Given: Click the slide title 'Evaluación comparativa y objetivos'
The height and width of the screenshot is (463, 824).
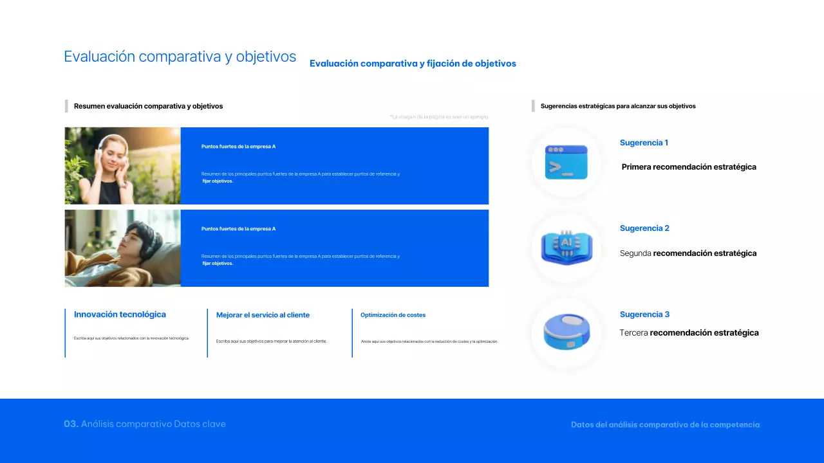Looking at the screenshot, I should point(180,57).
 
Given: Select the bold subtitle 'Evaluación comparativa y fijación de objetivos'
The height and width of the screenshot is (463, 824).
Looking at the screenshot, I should point(413,64).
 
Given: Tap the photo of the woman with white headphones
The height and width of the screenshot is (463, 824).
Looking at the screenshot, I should point(122,165).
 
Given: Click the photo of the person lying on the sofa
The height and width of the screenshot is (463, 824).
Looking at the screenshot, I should point(122,248).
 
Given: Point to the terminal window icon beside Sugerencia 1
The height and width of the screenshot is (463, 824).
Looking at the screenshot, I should point(566,162).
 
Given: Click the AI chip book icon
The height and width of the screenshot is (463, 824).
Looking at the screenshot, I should point(566,248).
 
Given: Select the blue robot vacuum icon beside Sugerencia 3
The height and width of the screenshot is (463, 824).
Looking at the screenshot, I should point(566,332).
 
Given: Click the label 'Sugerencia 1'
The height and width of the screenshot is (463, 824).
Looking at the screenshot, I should point(644,143).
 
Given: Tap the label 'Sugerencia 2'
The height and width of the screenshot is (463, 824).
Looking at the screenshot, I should point(644,228).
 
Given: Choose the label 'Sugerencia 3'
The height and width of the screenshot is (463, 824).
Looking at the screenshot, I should point(644,314).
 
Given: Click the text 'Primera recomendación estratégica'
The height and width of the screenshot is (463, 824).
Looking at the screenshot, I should point(689,167).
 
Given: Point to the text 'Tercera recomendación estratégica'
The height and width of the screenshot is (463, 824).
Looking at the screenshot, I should point(689,333).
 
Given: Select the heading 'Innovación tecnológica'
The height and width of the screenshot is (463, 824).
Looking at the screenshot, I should point(120,314).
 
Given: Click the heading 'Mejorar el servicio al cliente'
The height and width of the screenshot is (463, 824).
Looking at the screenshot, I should point(263,315).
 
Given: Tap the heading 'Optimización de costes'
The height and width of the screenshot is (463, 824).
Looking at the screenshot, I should point(393,315).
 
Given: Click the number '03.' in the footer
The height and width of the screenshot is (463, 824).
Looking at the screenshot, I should point(71,424).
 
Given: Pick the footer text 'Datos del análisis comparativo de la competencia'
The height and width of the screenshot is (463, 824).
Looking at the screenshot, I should point(665,425).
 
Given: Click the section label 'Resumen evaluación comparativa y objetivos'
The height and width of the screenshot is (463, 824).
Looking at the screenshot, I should point(148,106).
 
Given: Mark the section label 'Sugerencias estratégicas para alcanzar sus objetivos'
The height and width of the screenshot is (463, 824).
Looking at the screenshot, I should point(618,106).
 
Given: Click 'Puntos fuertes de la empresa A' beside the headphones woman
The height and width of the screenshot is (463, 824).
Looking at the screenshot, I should point(238,147).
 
